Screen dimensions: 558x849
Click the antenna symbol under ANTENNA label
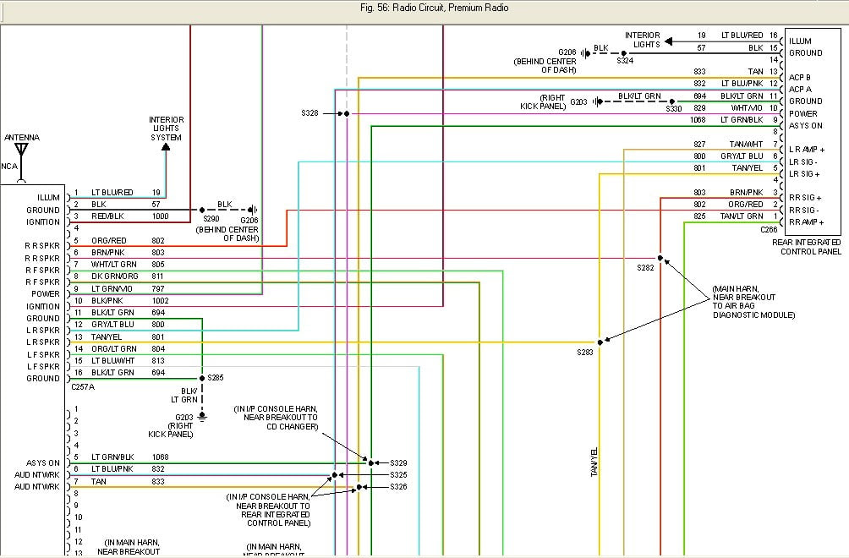point(22,152)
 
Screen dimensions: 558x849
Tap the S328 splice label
point(310,112)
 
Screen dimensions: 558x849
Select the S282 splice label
point(646,267)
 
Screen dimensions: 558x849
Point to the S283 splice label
point(586,352)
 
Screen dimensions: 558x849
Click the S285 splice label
point(216,378)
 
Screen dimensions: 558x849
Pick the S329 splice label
point(398,462)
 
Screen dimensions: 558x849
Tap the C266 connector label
point(769,229)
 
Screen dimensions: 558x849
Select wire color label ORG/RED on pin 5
point(108,240)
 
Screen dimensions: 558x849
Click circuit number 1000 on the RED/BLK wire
point(161,216)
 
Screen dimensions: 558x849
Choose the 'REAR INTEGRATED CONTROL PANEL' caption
point(807,247)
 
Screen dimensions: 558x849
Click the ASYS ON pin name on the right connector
point(805,125)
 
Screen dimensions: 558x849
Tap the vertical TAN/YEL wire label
point(594,462)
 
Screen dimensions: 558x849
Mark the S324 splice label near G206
point(625,61)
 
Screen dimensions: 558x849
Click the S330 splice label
point(674,109)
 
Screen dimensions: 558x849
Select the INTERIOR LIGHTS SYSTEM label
point(167,129)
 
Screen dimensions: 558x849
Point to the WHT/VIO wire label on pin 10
point(746,108)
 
